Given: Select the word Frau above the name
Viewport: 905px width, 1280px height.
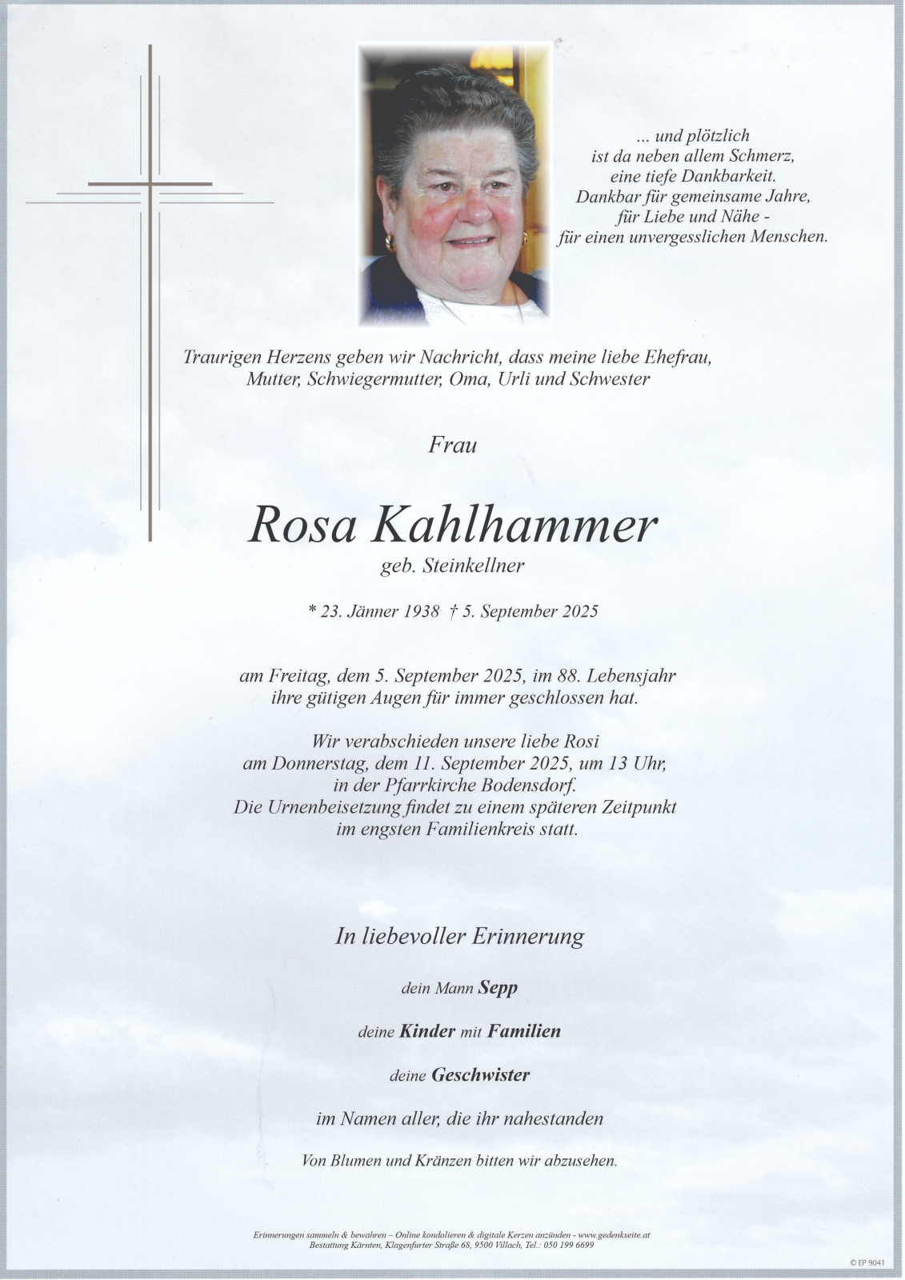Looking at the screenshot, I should (x=453, y=444).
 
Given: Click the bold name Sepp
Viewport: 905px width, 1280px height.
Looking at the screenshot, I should (x=498, y=987).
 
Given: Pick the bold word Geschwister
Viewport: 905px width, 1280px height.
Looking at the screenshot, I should (x=481, y=1075).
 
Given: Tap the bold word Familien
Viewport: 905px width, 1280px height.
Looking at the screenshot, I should (x=524, y=1031).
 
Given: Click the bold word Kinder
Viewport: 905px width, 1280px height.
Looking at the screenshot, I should (x=427, y=1031).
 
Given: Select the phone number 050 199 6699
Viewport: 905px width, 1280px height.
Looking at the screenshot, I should (x=569, y=1246).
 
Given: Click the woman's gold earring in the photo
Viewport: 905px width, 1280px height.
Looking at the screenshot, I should (x=390, y=241).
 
